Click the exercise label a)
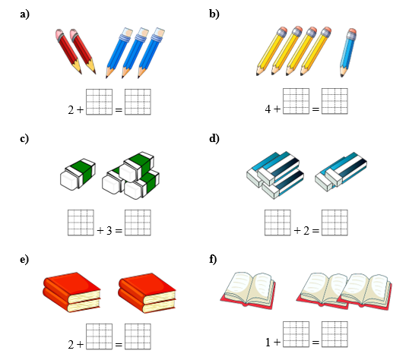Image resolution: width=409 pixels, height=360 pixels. pos(25,14)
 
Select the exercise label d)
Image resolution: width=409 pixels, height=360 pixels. pos(214,138)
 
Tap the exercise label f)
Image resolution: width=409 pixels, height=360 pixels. pos(213,260)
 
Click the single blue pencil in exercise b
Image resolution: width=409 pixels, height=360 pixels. pos(348,52)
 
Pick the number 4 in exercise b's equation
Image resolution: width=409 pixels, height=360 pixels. pos(268,109)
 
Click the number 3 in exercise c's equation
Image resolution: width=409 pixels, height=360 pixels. pos(109,230)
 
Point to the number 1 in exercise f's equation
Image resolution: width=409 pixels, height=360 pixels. pos(268,343)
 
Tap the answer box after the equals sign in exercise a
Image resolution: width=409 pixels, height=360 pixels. pos(138,102)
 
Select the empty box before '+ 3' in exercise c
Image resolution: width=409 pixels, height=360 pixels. pos(81,223)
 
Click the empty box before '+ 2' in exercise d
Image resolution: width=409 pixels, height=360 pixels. pos(277,223)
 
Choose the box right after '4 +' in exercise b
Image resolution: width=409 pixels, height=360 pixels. pos(296,101)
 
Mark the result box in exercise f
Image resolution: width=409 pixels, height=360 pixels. pos(334,334)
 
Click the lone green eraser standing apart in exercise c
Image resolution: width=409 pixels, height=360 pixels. pos(78,174)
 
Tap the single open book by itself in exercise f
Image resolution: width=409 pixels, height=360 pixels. pos(248,290)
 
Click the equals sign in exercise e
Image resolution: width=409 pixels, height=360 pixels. pos(119,345)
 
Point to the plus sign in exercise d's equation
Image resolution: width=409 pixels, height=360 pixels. pos(297,230)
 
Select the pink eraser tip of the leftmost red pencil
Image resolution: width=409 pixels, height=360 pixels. pos(60,35)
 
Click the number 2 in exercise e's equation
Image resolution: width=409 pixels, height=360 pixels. pos(71,345)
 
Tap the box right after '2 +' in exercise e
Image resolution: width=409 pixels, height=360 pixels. pos(99,336)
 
